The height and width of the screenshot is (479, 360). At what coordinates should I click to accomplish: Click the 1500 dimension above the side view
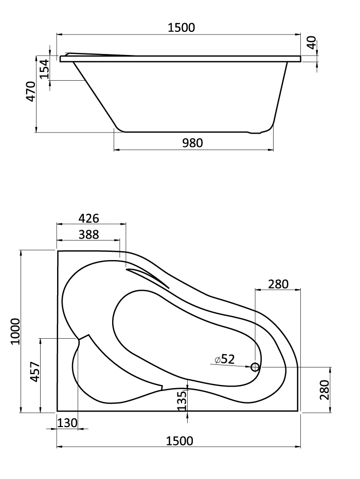pyautogui.click(x=181, y=28)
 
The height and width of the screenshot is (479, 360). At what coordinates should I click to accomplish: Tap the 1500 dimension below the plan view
pyautogui.click(x=179, y=441)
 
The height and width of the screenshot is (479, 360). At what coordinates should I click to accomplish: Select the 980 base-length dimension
pyautogui.click(x=192, y=143)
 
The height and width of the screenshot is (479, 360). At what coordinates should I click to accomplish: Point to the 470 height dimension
pyautogui.click(x=31, y=91)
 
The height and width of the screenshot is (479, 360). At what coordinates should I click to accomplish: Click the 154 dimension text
pyautogui.click(x=44, y=69)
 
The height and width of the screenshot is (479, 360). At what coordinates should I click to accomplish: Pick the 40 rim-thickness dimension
pyautogui.click(x=312, y=43)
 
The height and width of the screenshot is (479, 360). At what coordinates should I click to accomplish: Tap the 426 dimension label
pyautogui.click(x=89, y=218)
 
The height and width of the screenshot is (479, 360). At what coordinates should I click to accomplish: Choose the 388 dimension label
pyautogui.click(x=89, y=234)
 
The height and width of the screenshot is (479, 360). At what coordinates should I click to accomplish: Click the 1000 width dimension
pyautogui.click(x=15, y=331)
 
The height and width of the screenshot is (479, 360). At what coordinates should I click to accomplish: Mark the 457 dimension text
pyautogui.click(x=35, y=372)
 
